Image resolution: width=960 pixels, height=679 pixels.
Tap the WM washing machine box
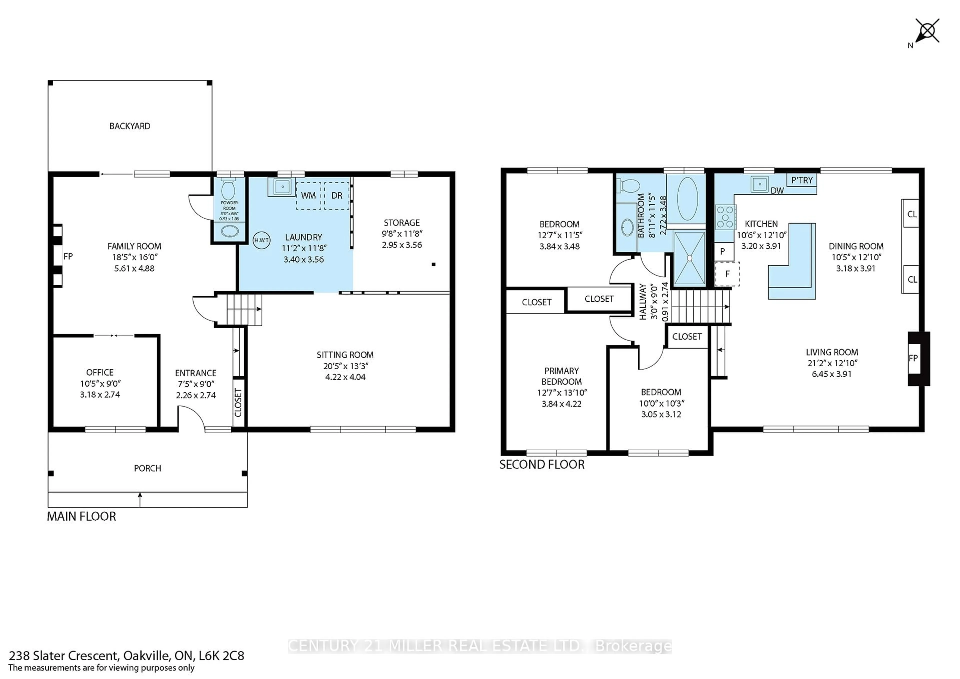click(308, 196)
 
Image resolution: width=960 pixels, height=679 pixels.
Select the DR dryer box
click(336, 196)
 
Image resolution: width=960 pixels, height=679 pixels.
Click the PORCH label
click(147, 468)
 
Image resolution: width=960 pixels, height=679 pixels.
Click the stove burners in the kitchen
click(725, 217)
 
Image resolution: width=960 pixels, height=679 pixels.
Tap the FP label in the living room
click(913, 358)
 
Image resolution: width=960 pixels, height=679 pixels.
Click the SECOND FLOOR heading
click(542, 464)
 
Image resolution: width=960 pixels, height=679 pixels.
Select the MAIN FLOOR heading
click(81, 516)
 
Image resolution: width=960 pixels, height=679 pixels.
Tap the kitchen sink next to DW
click(759, 183)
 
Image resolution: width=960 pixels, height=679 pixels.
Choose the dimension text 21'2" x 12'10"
click(832, 363)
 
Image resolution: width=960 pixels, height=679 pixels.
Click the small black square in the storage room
click(433, 264)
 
